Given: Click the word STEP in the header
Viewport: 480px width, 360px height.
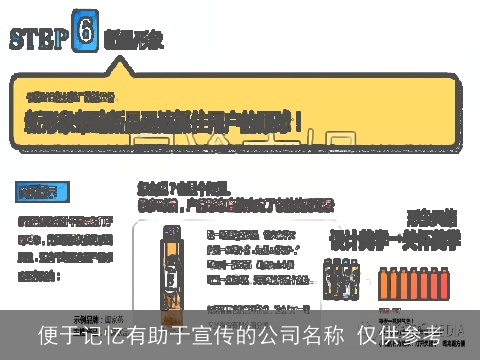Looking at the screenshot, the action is (39, 38).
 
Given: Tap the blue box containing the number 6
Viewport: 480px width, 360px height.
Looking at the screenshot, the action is (87, 32).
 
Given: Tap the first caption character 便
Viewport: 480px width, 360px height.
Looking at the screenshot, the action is (47, 334).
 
